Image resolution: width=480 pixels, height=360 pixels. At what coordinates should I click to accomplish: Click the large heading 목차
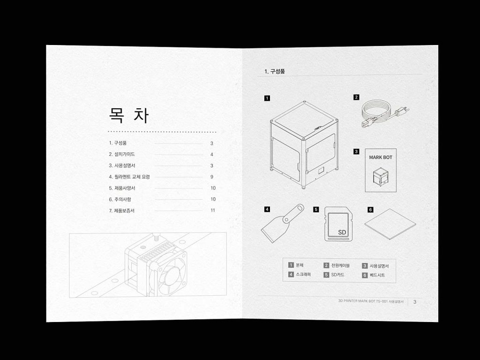(129, 115)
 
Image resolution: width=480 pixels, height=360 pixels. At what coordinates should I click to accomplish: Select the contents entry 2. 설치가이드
(122, 154)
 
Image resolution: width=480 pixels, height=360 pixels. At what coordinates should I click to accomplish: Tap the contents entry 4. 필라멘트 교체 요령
(129, 177)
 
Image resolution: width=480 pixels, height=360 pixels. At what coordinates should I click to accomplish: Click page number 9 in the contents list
(212, 177)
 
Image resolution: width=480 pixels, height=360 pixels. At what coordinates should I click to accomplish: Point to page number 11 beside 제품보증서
(213, 210)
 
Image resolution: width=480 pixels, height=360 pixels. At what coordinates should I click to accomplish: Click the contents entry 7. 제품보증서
(122, 210)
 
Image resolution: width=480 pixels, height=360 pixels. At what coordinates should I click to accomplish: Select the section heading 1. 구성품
(275, 71)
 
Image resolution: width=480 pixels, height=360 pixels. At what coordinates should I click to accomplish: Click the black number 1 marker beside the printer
(267, 98)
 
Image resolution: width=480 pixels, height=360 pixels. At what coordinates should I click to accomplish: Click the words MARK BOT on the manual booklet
(381, 157)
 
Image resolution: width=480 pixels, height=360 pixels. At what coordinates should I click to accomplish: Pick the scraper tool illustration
(282, 224)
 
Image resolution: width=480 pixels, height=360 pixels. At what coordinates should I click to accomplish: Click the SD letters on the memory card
(342, 232)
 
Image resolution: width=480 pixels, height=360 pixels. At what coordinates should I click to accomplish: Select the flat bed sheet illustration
(390, 225)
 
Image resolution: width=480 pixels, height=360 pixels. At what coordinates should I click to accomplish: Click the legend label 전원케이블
(340, 265)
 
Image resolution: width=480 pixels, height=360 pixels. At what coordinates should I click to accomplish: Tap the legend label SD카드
(337, 275)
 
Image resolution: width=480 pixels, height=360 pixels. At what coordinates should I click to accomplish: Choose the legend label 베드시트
(377, 275)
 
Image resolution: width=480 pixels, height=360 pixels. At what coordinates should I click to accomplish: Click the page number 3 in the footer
(415, 302)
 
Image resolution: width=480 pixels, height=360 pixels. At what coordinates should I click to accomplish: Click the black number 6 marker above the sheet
(370, 210)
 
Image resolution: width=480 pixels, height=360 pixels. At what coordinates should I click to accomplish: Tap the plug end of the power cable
(402, 110)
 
